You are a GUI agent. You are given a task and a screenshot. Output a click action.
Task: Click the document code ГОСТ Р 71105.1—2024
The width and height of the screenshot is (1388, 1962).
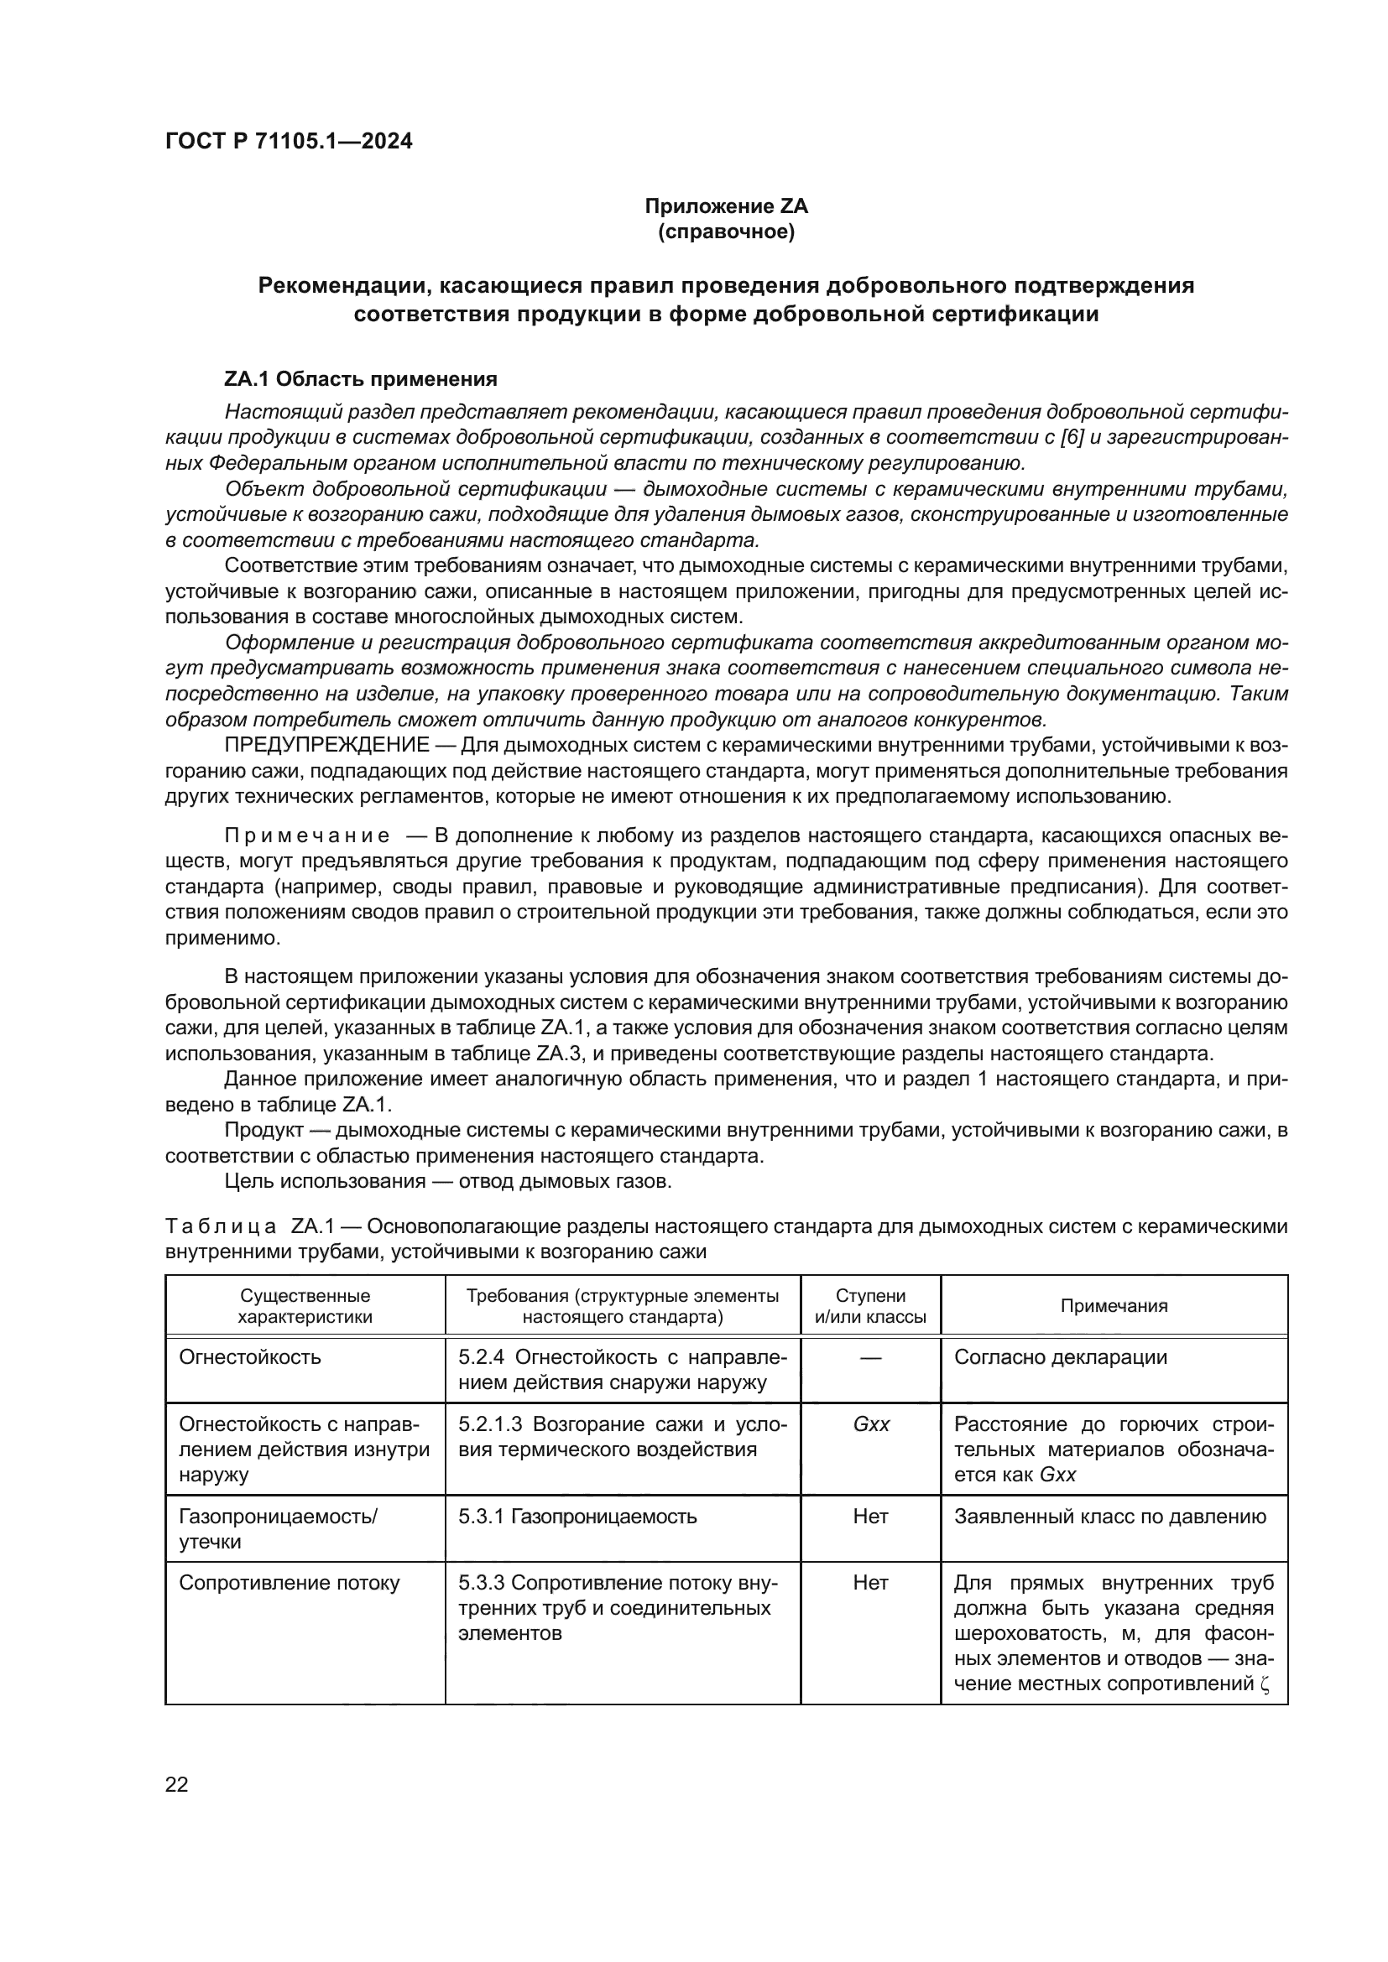288,141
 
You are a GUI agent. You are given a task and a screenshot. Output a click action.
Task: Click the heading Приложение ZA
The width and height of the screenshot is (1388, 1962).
726,206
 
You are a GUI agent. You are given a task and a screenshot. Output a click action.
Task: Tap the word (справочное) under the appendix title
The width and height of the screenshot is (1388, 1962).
726,232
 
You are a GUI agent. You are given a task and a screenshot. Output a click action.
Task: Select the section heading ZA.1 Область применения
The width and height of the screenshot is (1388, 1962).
361,378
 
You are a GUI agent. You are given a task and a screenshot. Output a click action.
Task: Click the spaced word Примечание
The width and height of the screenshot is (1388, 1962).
307,835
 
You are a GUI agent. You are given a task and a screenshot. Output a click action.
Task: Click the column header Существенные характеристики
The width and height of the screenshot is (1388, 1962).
305,1306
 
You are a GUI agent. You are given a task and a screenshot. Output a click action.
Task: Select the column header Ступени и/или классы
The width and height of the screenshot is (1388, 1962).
870,1306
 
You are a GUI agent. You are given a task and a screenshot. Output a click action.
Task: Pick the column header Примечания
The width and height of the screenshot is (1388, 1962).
1114,1306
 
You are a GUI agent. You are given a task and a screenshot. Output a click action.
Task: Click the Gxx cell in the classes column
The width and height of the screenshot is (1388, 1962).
871,1424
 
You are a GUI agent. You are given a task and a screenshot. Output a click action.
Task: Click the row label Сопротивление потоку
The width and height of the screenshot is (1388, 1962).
289,1584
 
